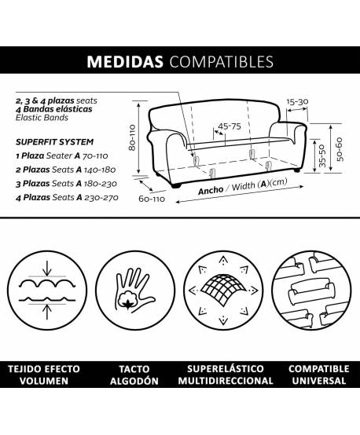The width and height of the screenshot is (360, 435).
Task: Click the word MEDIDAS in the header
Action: [x=125, y=61]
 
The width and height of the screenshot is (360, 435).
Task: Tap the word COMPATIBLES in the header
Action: [x=222, y=61]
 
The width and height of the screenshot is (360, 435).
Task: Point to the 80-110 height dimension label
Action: [x=132, y=137]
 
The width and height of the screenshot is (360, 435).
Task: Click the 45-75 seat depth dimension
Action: [x=230, y=126]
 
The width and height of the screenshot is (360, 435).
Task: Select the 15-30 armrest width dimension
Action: [x=297, y=102]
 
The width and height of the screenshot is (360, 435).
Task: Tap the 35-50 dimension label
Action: [x=322, y=155]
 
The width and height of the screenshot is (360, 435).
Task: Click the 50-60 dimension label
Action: [x=340, y=149]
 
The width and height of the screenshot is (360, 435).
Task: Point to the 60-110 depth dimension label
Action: [x=152, y=199]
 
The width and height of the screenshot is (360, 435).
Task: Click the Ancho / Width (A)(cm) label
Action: [x=243, y=187]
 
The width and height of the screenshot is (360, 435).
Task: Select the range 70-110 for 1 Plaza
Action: [x=95, y=156]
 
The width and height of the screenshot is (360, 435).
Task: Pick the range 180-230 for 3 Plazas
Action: [x=101, y=184]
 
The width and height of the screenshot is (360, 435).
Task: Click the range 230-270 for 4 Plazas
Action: [x=101, y=198]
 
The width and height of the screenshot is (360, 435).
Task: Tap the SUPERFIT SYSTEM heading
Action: [x=55, y=142]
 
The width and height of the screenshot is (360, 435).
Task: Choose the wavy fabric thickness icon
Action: [x=47, y=291]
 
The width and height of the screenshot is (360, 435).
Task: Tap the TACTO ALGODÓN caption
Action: [x=134, y=375]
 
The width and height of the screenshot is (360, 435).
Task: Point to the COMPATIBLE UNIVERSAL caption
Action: [x=318, y=375]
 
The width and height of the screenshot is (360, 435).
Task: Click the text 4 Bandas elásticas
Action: [x=54, y=109]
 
